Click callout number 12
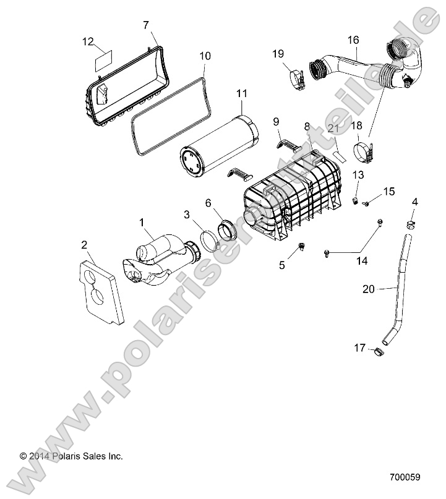[x=88, y=42]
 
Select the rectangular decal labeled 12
[x=101, y=61]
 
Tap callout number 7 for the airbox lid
[x=146, y=25]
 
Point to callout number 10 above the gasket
[x=205, y=56]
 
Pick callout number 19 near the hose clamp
[x=278, y=54]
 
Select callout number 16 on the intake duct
[x=353, y=40]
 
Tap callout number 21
[x=333, y=129]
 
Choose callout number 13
[x=359, y=176]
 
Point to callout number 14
[x=361, y=261]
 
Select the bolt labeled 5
[x=302, y=247]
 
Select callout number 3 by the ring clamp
[x=186, y=214]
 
